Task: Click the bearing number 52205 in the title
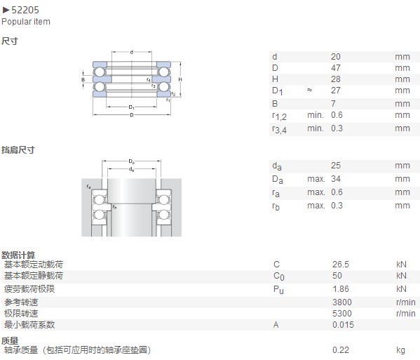coord(25,10)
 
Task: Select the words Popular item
coord(26,22)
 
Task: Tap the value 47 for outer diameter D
coord(336,68)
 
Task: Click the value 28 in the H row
coord(336,79)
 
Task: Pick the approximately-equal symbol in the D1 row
coord(309,90)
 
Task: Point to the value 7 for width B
coord(333,103)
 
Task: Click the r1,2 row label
coord(279,116)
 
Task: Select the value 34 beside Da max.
coord(336,178)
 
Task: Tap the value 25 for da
coord(336,165)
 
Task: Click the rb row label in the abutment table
coord(276,206)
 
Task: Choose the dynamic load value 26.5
coord(341,265)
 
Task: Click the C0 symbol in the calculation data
coord(279,276)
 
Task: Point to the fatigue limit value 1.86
coord(341,289)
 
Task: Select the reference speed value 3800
coord(342,302)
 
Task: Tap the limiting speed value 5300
coord(342,314)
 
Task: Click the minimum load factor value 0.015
coord(343,325)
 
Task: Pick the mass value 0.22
coord(341,349)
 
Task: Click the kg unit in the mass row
coord(400,350)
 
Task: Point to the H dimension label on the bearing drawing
coord(180,79)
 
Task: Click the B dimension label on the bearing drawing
coord(83,79)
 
